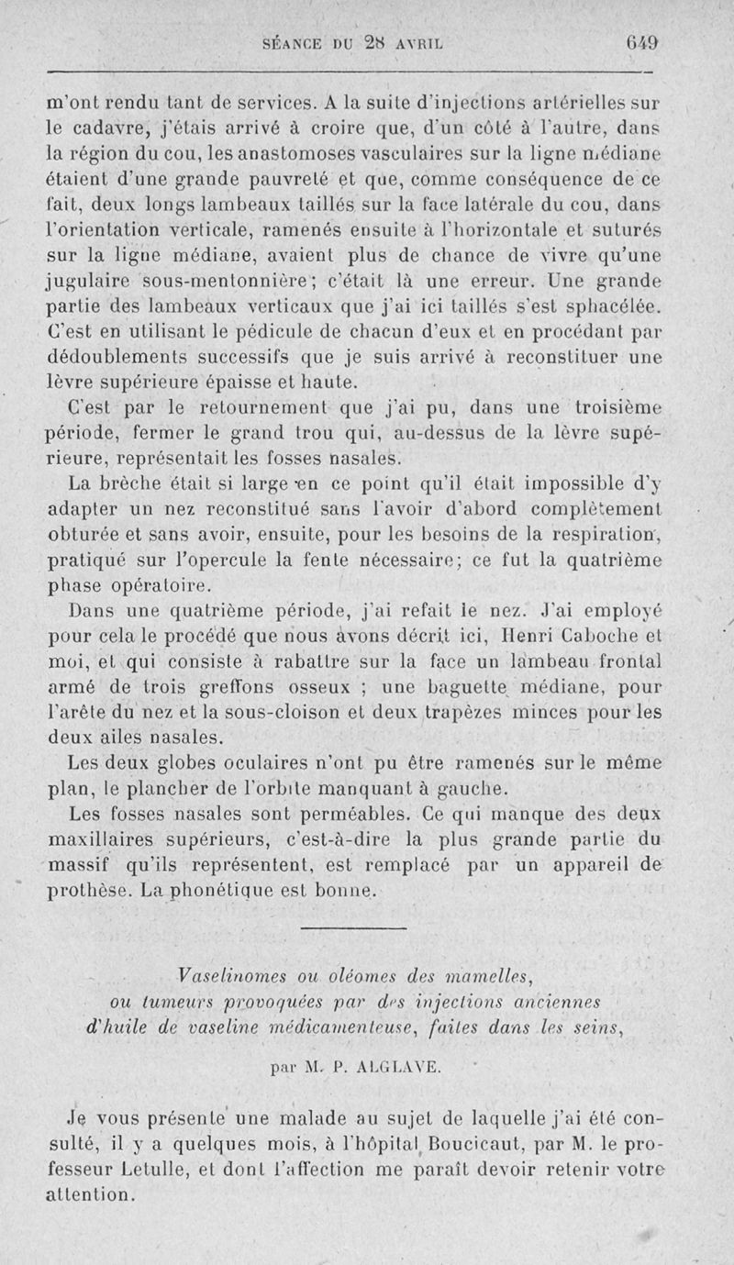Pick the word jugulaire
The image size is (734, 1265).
(x=91, y=278)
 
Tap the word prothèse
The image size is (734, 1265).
(x=87, y=889)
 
